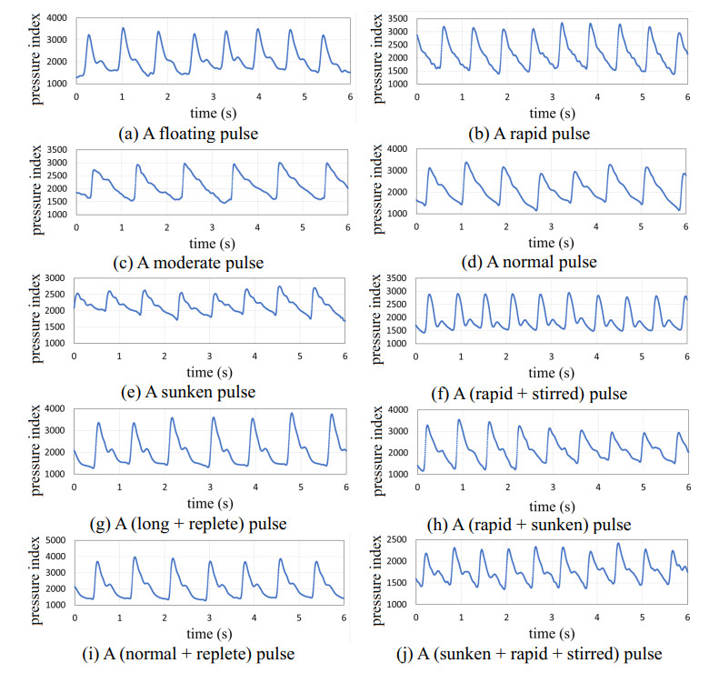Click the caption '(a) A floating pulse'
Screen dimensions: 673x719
[x=188, y=133]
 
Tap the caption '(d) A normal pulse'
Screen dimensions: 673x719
[x=530, y=263]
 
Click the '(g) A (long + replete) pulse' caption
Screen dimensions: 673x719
[x=189, y=523]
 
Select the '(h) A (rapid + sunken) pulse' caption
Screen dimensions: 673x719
[x=529, y=524]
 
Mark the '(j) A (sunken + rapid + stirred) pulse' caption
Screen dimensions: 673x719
[x=528, y=653]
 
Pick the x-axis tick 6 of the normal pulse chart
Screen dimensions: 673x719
[x=687, y=226]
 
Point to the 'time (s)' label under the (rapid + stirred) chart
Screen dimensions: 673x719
[x=553, y=373]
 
